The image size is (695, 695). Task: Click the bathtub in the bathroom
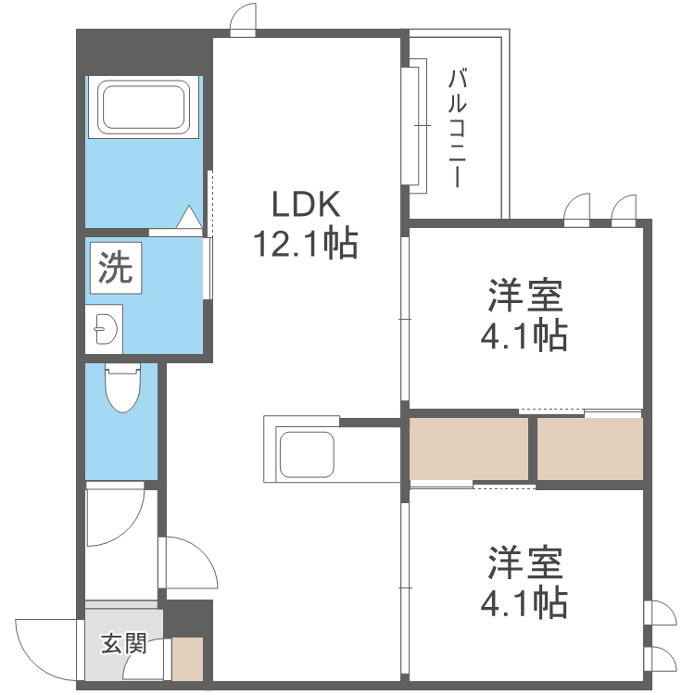click(x=143, y=107)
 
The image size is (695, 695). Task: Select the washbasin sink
click(x=106, y=329)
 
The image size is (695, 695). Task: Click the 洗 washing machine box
click(x=116, y=268)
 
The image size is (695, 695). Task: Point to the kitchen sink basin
click(x=306, y=454)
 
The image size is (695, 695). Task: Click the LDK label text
click(x=306, y=205)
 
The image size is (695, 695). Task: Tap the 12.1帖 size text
click(x=306, y=243)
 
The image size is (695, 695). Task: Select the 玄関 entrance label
click(x=123, y=644)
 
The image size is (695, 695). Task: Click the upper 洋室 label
click(x=525, y=296)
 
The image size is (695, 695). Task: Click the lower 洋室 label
click(x=525, y=562)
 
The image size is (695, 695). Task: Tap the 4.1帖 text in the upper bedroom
click(x=524, y=335)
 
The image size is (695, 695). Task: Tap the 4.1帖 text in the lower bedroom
click(x=524, y=602)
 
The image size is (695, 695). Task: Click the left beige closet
click(x=469, y=449)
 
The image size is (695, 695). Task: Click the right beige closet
click(x=590, y=449)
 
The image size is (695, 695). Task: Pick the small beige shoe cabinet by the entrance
click(x=187, y=659)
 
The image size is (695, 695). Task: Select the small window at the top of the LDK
click(x=243, y=19)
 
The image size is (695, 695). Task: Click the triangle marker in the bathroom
click(x=189, y=217)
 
